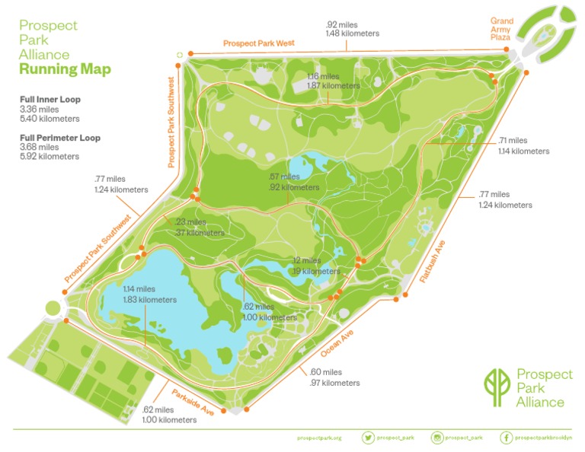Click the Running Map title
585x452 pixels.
[65, 70]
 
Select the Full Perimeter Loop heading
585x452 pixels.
[60, 138]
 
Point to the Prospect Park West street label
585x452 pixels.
[258, 44]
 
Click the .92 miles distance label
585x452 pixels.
[341, 24]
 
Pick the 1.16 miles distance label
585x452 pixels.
[323, 76]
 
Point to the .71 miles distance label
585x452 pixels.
[513, 141]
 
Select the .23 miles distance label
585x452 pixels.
[190, 222]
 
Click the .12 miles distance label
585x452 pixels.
[308, 260]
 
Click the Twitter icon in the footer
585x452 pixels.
[369, 438]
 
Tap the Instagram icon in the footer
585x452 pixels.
[438, 438]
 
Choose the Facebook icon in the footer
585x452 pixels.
[507, 438]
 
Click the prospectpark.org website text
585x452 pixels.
[320, 438]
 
